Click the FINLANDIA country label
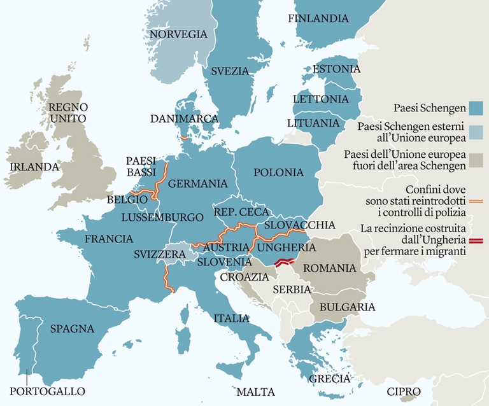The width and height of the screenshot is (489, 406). point(318,18)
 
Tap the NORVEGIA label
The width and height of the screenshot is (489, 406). point(178,34)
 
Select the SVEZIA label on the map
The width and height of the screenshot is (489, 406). point(230,71)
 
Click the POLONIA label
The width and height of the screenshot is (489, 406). point(278,172)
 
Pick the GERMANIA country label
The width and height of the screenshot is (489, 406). point(197,183)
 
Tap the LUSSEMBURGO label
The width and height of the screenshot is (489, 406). point(162,217)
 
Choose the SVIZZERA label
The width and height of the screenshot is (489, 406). point(159,254)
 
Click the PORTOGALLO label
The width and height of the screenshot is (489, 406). point(47,391)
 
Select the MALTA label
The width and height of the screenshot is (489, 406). point(255,391)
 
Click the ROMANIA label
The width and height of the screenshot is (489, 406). point(329,268)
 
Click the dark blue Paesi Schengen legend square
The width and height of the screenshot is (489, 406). point(476,107)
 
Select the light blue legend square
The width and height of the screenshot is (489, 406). point(476,133)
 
